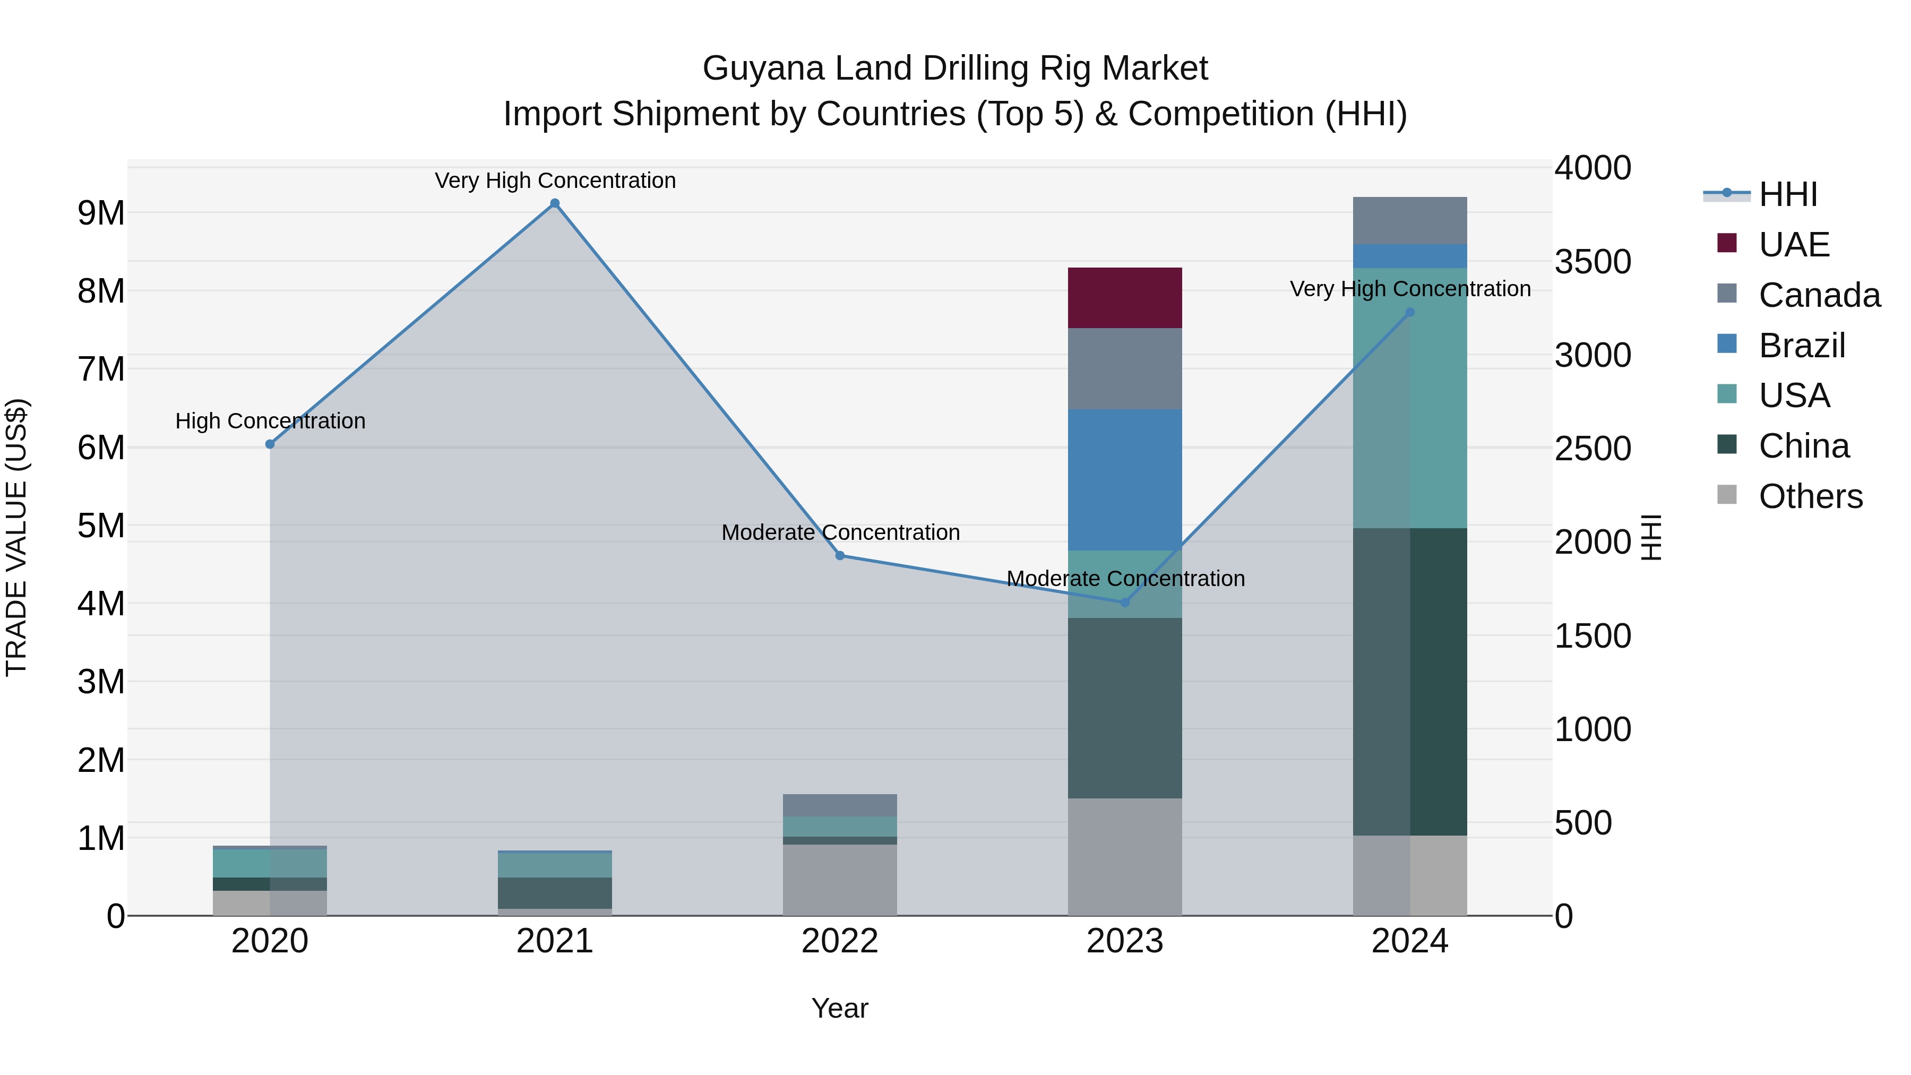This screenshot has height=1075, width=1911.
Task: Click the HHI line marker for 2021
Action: tap(555, 203)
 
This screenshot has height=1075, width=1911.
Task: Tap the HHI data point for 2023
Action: tap(1125, 603)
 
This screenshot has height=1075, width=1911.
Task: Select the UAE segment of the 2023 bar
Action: tap(1125, 297)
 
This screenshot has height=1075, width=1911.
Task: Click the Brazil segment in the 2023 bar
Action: tap(1125, 479)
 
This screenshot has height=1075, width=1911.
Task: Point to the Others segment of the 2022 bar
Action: tap(840, 879)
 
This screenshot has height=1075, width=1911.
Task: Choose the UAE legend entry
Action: tap(1794, 245)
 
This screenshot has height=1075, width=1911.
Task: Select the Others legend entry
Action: tap(1810, 496)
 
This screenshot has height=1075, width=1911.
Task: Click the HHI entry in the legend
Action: tap(1788, 194)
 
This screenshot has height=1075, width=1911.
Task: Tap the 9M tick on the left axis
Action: tap(101, 213)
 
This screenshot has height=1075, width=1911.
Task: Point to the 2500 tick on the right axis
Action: tap(1593, 449)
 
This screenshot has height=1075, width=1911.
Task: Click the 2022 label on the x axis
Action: tap(840, 941)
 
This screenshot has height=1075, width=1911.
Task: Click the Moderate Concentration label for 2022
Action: tap(840, 532)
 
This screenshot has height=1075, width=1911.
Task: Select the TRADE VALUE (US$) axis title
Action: tap(16, 537)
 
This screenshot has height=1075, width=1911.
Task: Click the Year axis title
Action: tap(840, 1008)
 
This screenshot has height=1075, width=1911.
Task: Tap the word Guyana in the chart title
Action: tap(763, 68)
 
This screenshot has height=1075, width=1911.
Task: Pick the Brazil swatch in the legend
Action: tap(1727, 344)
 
